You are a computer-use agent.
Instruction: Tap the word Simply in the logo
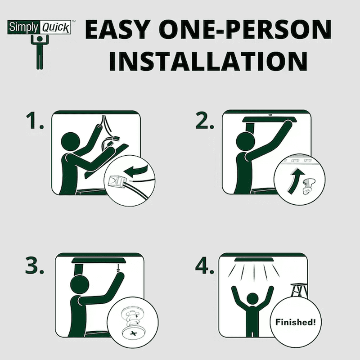[23, 27]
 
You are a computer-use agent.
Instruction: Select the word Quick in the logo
[56, 28]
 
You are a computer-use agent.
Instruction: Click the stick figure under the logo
[40, 52]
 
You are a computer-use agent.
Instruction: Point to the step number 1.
[35, 120]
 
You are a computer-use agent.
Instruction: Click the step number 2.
[205, 120]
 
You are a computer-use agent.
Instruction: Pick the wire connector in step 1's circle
[117, 182]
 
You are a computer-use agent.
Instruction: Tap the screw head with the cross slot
[134, 333]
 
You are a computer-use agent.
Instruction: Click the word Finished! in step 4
[296, 322]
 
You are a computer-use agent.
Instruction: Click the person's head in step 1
[71, 142]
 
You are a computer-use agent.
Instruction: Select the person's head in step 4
[252, 299]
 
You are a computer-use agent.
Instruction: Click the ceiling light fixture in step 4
[255, 260]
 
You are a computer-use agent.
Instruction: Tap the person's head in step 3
[80, 285]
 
